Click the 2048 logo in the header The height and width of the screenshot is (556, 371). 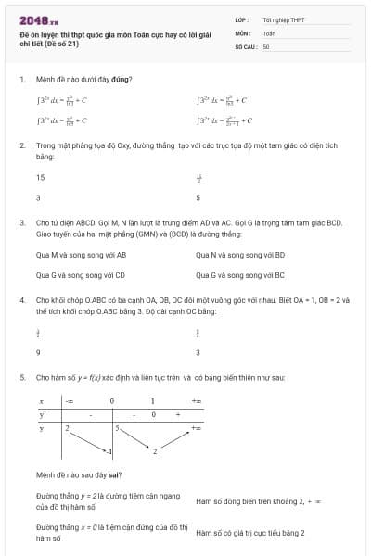[x=39, y=19]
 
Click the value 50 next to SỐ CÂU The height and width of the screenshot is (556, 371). [x=265, y=45]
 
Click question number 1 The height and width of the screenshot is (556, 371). [x=21, y=80]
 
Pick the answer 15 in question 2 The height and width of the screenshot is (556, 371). [x=40, y=177]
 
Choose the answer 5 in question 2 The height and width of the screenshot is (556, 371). [x=198, y=197]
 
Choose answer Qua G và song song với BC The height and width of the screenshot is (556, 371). [x=240, y=275]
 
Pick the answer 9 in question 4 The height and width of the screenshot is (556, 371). [x=38, y=352]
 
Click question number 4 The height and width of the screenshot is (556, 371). [x=21, y=301]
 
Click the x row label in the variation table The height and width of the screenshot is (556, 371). [x=41, y=401]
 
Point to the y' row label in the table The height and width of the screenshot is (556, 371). [x=42, y=415]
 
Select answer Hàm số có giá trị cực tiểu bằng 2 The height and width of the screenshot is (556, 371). [x=249, y=533]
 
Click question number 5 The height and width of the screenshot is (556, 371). [x=21, y=378]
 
